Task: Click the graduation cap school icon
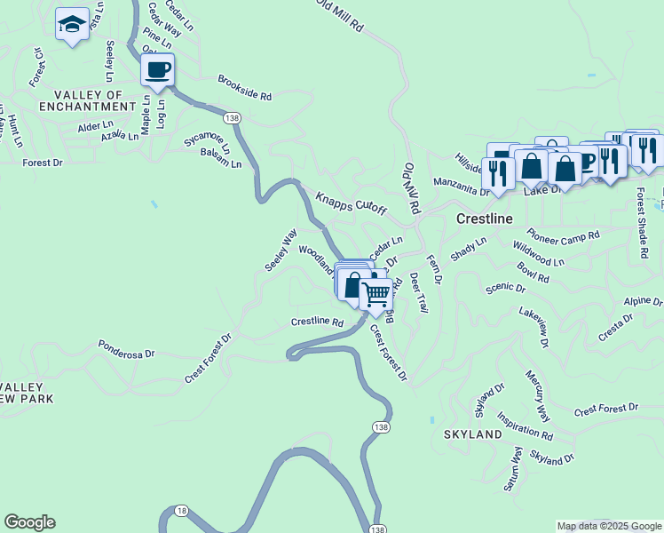coord(71,25)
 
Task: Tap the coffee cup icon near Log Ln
coord(157,69)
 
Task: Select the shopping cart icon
coord(377,293)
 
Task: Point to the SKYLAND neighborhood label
coord(472,435)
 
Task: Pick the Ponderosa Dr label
coord(126,348)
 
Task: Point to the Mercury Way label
coord(538,396)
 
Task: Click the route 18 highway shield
coord(181,510)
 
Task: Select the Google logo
coord(29,522)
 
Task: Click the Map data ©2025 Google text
coord(608,526)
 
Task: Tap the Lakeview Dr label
coord(534,327)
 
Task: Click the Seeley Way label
coord(281,251)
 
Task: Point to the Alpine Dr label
coord(644,302)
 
